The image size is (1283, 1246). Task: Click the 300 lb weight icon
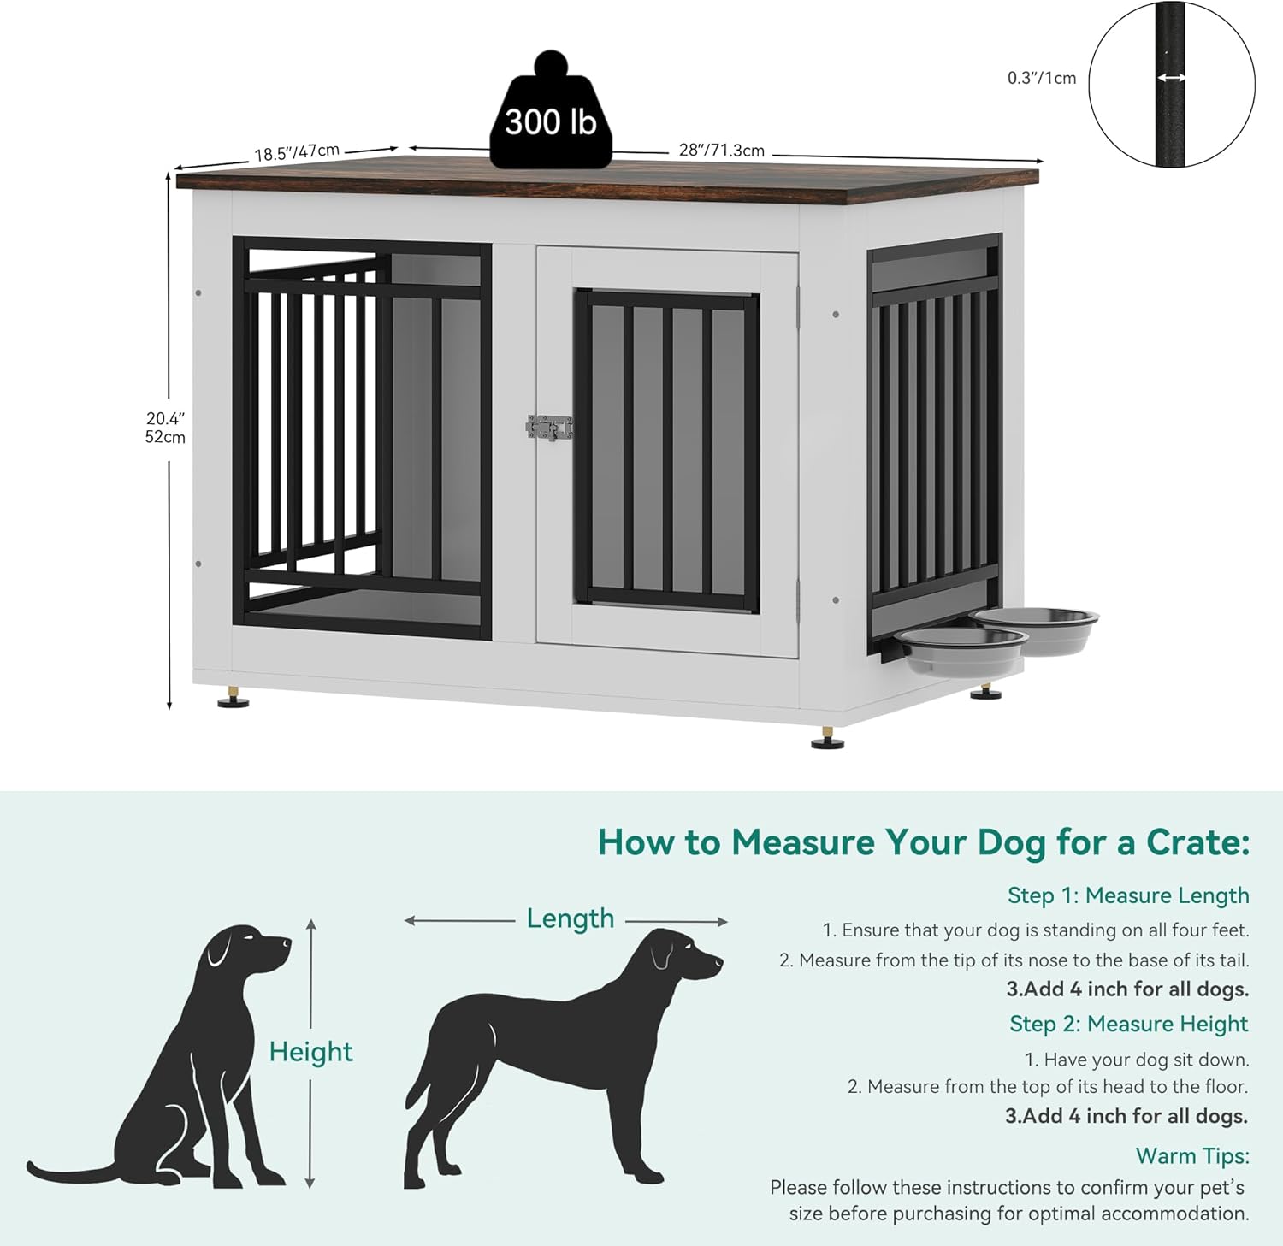pos(551,115)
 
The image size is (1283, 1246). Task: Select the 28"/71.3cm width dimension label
pos(721,151)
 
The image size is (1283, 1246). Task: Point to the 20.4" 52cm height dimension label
pos(165,428)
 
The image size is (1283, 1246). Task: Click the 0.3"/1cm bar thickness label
pos(1041,78)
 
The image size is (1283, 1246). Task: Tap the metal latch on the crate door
pos(549,427)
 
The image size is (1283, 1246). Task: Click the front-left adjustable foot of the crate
pos(233,698)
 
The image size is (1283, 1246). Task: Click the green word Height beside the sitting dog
pos(310,1052)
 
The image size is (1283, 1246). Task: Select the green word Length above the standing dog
pos(571,918)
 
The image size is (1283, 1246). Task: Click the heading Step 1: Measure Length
pos(1127,895)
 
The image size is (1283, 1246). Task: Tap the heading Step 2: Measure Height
pos(1128,1024)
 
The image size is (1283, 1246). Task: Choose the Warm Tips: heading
pos(1191,1155)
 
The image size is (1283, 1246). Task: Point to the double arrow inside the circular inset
pos(1171,78)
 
